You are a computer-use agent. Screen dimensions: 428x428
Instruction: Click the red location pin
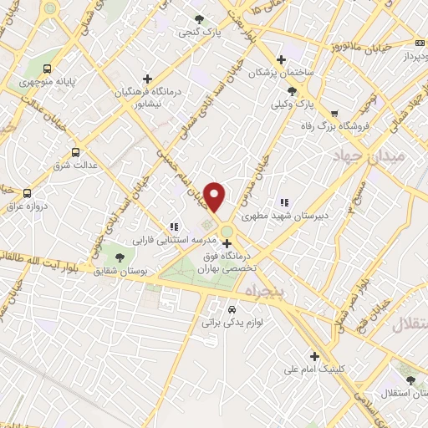coord(215,196)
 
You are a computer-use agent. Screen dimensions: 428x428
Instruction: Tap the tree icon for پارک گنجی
coord(198,19)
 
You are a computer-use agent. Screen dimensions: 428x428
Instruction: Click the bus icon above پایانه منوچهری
coord(48,69)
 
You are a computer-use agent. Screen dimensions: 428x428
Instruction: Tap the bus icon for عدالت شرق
coord(77,152)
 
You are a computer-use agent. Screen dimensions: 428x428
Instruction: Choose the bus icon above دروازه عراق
coord(28,193)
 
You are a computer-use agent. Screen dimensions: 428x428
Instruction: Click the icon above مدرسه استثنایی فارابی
coord(174,226)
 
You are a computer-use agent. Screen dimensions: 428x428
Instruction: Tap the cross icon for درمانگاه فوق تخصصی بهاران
coord(227,243)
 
